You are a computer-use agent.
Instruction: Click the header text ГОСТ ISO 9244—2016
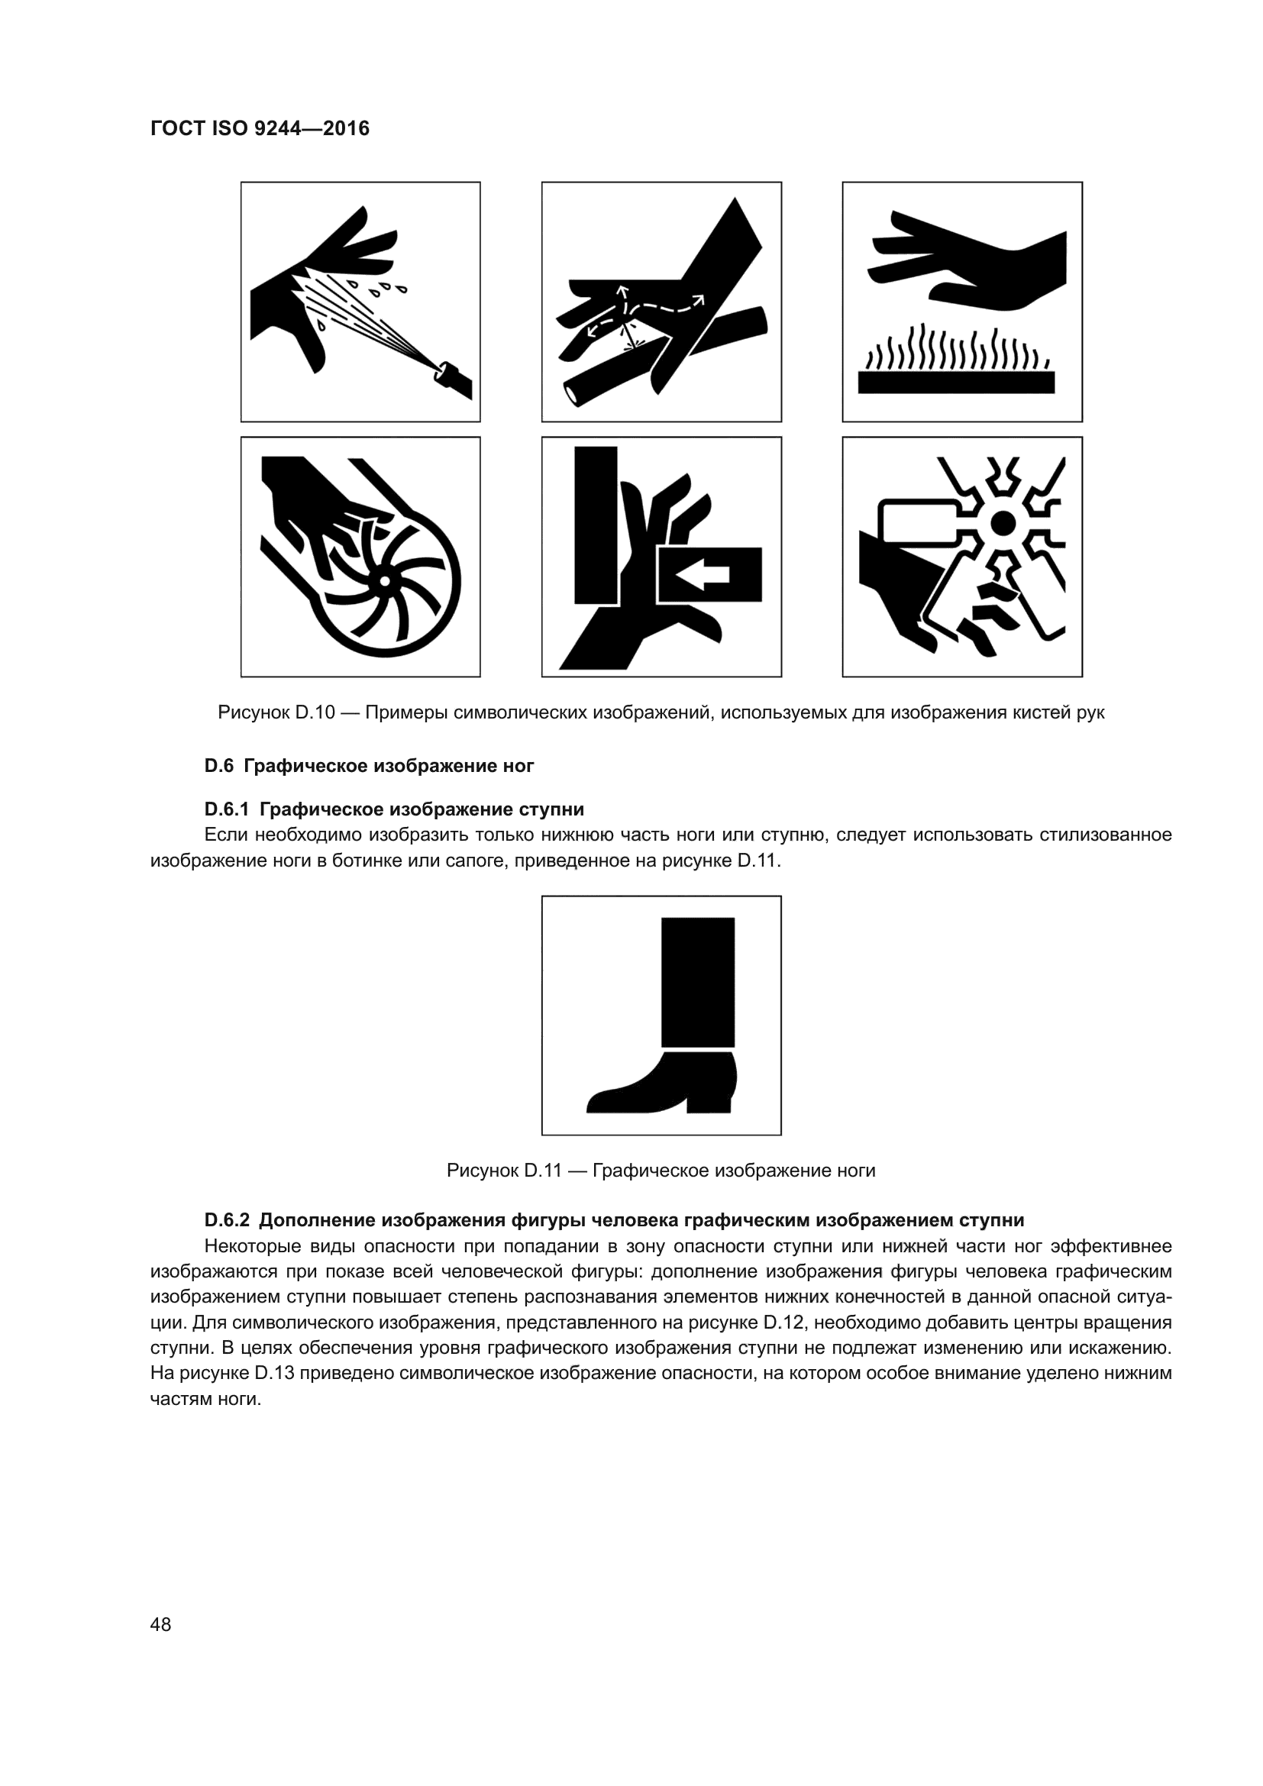(x=260, y=129)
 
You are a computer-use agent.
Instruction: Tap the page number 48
(x=160, y=1624)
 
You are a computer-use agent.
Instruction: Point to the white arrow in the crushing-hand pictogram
(x=704, y=575)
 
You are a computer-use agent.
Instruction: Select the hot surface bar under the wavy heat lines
(x=956, y=382)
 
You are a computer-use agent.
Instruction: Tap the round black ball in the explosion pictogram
(x=1003, y=522)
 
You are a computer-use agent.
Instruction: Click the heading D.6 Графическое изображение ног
(x=369, y=766)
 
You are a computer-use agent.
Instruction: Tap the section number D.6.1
(x=226, y=809)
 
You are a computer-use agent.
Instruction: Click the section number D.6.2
(x=226, y=1219)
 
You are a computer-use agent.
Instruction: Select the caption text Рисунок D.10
(x=276, y=712)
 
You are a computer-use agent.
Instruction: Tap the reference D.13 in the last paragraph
(x=275, y=1373)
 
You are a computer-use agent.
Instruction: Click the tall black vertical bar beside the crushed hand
(x=596, y=525)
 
